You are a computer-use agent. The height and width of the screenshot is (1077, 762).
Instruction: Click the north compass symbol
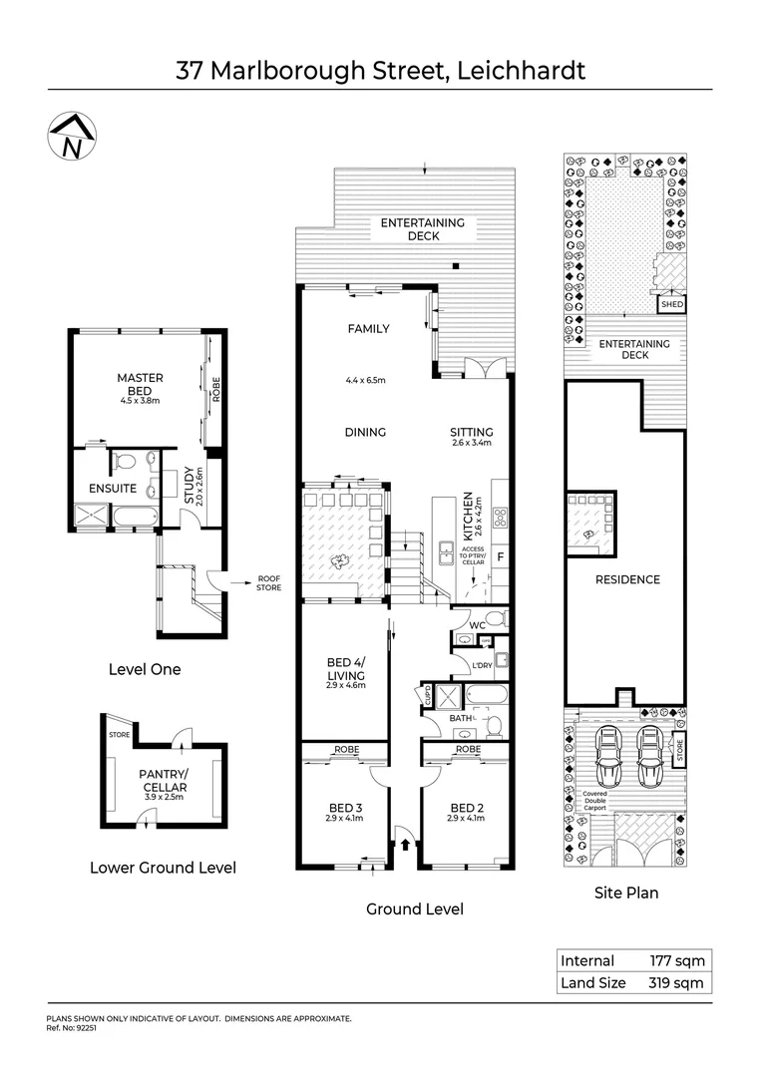(70, 136)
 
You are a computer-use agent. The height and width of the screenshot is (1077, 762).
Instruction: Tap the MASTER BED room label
(140, 384)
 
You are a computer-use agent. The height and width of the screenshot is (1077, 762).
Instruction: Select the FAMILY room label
(368, 328)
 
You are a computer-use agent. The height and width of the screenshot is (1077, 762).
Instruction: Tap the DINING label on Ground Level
(365, 432)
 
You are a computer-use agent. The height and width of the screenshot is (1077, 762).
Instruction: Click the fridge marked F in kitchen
(499, 555)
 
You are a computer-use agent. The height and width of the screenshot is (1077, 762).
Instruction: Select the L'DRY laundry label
(481, 665)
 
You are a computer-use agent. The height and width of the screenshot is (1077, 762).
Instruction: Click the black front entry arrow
(405, 846)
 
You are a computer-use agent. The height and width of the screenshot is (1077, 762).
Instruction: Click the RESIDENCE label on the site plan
(627, 579)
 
